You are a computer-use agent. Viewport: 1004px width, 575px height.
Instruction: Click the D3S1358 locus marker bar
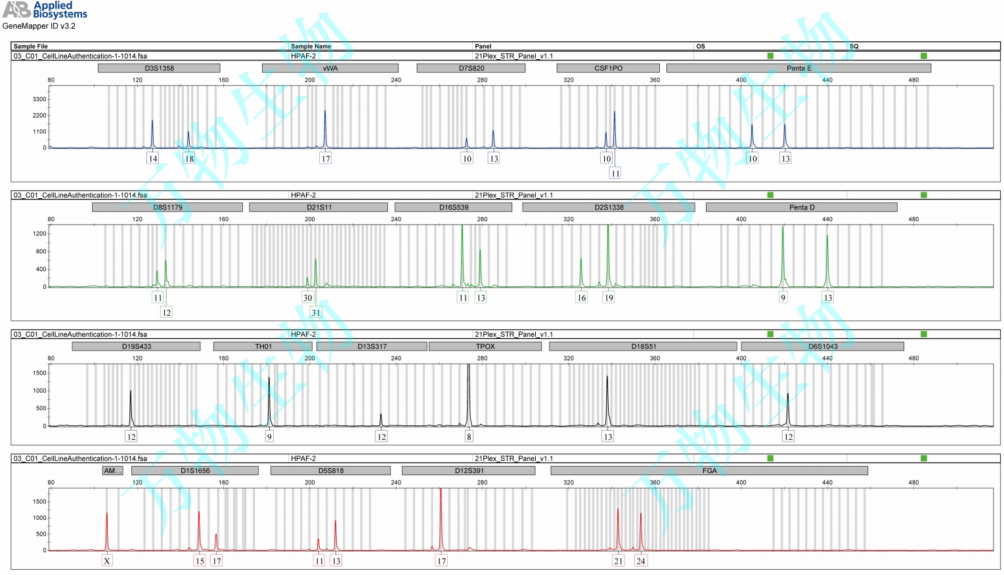click(159, 68)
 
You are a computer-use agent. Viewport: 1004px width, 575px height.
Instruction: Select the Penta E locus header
click(798, 68)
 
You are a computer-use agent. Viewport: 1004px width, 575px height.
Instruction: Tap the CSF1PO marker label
click(608, 68)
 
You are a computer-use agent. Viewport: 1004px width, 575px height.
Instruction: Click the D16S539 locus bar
click(453, 207)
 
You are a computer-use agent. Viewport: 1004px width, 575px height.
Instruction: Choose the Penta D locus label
click(801, 207)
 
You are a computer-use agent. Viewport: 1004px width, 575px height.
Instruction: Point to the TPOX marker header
click(485, 347)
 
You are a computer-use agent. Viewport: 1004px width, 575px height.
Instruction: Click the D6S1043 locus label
click(822, 347)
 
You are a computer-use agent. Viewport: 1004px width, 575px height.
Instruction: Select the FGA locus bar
click(709, 471)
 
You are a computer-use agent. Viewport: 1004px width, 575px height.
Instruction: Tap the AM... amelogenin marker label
click(112, 471)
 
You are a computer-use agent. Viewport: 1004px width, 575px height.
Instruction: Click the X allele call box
click(107, 561)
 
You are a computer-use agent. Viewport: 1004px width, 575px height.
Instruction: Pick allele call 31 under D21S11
click(316, 312)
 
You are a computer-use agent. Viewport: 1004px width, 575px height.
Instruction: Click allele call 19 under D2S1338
click(609, 297)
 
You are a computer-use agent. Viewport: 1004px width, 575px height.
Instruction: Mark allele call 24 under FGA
click(641, 561)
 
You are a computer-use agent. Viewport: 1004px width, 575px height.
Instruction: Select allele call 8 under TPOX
click(469, 437)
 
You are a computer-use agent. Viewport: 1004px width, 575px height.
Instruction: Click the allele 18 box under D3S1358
click(189, 158)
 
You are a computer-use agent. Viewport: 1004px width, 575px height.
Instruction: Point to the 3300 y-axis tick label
click(39, 99)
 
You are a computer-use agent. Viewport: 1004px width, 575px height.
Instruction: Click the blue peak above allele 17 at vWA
click(325, 125)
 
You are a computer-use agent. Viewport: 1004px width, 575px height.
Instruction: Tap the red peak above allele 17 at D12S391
click(441, 512)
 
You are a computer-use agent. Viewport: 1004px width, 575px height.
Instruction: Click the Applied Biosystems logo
click(45, 10)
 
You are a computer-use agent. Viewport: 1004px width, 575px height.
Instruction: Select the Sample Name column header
click(311, 47)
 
